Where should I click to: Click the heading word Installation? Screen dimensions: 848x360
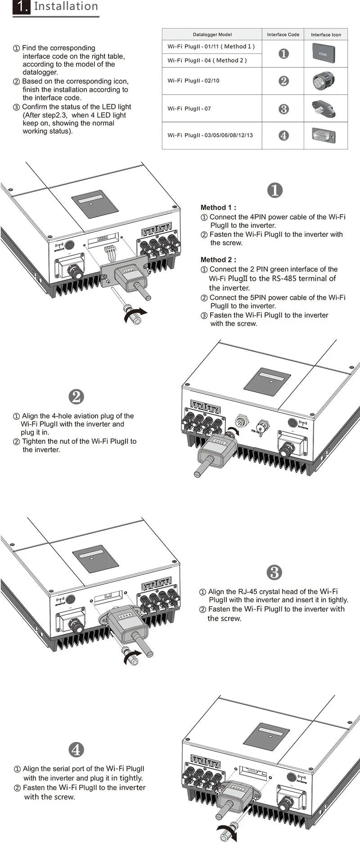point(66,6)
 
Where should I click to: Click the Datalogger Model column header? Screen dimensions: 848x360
point(212,35)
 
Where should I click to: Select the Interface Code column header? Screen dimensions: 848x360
point(283,35)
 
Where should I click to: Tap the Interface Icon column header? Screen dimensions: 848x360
point(326,35)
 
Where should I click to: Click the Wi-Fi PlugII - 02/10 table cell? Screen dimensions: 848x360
point(193,81)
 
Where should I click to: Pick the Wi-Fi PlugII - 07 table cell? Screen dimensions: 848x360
point(189,108)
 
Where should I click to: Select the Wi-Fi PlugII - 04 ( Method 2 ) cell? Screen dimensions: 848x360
point(207,60)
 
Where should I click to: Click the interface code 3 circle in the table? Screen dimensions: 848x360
point(283,109)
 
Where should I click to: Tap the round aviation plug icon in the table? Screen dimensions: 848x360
point(324,81)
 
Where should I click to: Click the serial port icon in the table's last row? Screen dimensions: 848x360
point(324,135)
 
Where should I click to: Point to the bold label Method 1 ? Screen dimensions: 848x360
point(218,207)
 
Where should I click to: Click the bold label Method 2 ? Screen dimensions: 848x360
point(218,260)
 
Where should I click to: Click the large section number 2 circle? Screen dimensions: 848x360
point(76,397)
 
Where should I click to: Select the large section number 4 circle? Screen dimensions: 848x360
point(76,749)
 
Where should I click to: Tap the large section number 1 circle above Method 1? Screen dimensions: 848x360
point(275,190)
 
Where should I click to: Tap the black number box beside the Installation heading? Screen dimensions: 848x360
point(21,7)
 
